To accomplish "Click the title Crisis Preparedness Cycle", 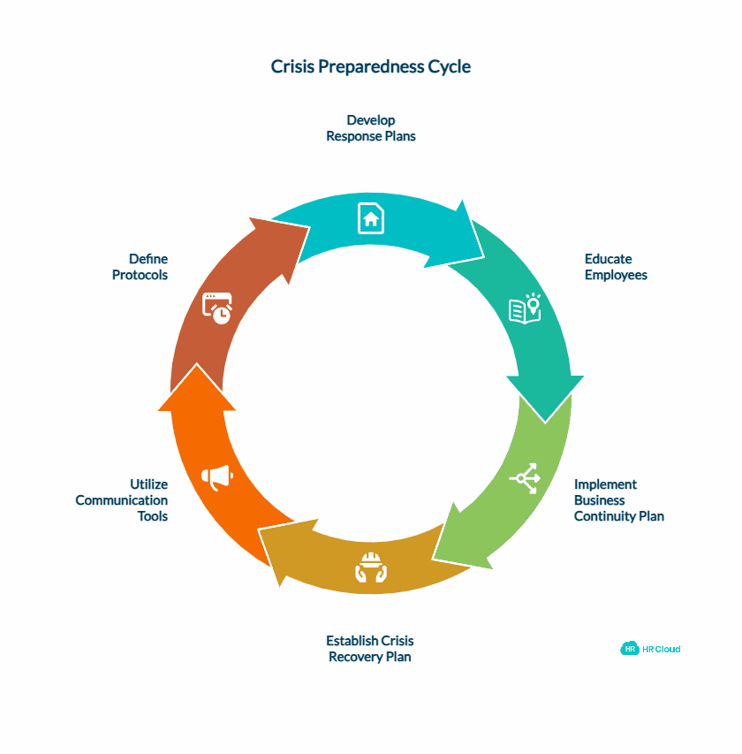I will click(x=370, y=67).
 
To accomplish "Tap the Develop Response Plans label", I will click(x=370, y=128).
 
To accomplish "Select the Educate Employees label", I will click(x=616, y=267).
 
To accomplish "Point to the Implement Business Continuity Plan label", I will click(x=618, y=500).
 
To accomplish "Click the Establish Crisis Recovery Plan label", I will click(x=370, y=648).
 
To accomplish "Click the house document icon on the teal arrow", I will click(x=371, y=217).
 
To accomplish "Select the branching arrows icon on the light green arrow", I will click(x=525, y=478).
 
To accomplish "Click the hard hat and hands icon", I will click(x=371, y=567).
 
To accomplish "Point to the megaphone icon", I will click(x=216, y=477).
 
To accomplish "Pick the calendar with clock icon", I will click(x=217, y=307).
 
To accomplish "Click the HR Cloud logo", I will click(x=651, y=648).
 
